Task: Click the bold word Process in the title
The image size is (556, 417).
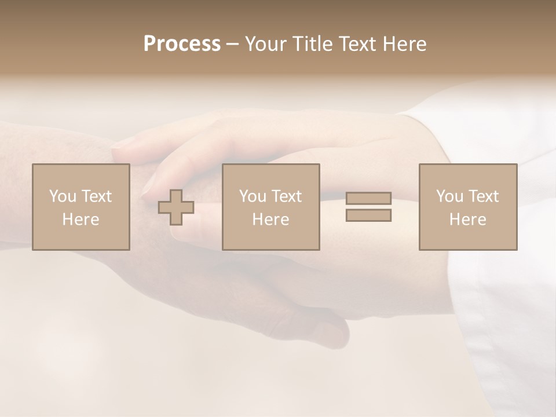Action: (182, 44)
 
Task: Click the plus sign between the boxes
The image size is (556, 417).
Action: (176, 207)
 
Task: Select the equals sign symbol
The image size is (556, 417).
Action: (368, 207)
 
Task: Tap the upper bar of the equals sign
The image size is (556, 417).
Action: (368, 199)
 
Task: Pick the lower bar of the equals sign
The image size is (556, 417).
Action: (368, 215)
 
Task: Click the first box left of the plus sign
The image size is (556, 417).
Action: (81, 207)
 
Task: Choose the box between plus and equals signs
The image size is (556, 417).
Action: (270, 207)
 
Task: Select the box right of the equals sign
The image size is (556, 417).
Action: (467, 207)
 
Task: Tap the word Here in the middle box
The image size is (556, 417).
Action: (270, 220)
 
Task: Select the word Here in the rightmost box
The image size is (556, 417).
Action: (467, 220)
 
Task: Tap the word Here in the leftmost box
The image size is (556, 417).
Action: (81, 220)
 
